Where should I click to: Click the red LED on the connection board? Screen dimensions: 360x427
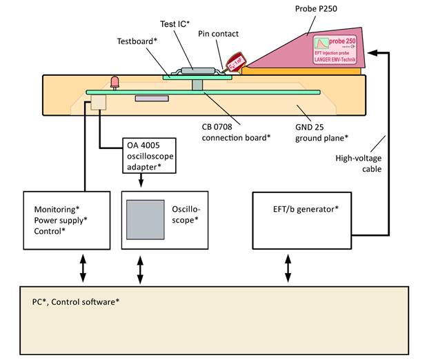click(115, 83)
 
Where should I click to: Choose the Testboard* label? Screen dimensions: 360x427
click(137, 41)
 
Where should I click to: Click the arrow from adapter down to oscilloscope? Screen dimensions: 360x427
click(141, 181)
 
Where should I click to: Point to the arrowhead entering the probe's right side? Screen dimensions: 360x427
click(374, 52)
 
